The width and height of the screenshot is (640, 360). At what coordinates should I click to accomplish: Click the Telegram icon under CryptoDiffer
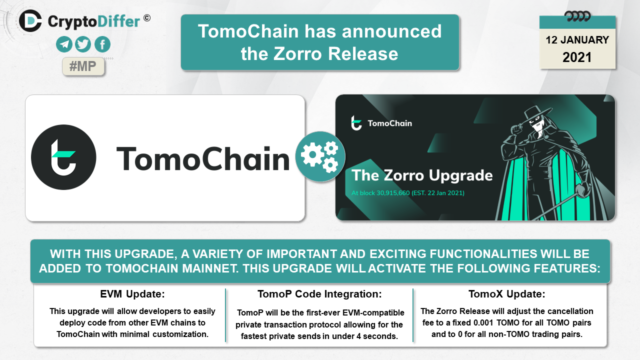pyautogui.click(x=64, y=44)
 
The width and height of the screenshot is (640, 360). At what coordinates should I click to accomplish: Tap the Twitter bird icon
pyautogui.click(x=83, y=44)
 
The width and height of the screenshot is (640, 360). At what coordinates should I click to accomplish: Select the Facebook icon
pyautogui.click(x=102, y=44)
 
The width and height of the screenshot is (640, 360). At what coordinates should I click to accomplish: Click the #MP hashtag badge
pyautogui.click(x=83, y=66)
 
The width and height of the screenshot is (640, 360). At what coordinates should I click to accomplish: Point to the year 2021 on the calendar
pyautogui.click(x=577, y=57)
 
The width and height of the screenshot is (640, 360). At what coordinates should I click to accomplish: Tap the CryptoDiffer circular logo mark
pyautogui.click(x=30, y=21)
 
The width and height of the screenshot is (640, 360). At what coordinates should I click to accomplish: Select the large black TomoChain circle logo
pyautogui.click(x=63, y=157)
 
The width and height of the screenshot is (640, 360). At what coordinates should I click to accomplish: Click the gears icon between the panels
pyautogui.click(x=320, y=156)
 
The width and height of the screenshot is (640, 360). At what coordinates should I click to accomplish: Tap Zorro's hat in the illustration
pyautogui.click(x=537, y=113)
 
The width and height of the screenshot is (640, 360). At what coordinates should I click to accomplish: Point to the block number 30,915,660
pyautogui.click(x=393, y=193)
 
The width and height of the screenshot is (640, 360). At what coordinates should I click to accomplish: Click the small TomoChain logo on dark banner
pyautogui.click(x=356, y=123)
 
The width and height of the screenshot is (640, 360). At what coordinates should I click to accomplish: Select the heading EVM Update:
pyautogui.click(x=132, y=294)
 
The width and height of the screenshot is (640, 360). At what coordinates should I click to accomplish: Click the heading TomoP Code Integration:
pyautogui.click(x=319, y=294)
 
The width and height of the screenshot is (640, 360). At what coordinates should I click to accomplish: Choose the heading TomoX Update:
pyautogui.click(x=507, y=294)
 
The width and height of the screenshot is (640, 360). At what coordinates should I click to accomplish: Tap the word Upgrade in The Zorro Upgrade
pyautogui.click(x=461, y=176)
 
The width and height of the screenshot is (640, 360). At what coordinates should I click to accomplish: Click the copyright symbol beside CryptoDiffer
pyautogui.click(x=147, y=18)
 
